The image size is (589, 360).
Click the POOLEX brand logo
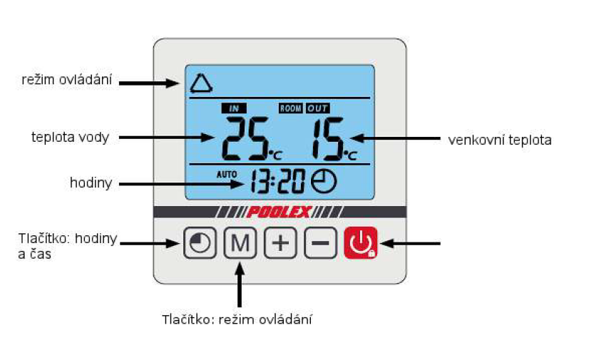pyautogui.click(x=280, y=212)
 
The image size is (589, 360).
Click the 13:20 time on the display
pyautogui.click(x=277, y=183)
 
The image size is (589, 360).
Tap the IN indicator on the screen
pyautogui.click(x=233, y=108)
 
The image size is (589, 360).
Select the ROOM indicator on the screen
pyautogui.click(x=291, y=108)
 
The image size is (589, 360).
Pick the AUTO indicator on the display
pyautogui.click(x=225, y=173)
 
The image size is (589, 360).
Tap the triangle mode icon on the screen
pyautogui.click(x=201, y=83)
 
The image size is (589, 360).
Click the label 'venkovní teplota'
pyautogui.click(x=499, y=140)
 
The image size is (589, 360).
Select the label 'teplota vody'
pyautogui.click(x=70, y=137)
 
